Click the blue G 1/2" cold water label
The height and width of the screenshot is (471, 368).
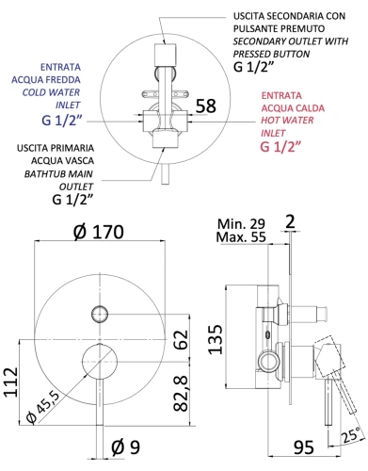(72, 121)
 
